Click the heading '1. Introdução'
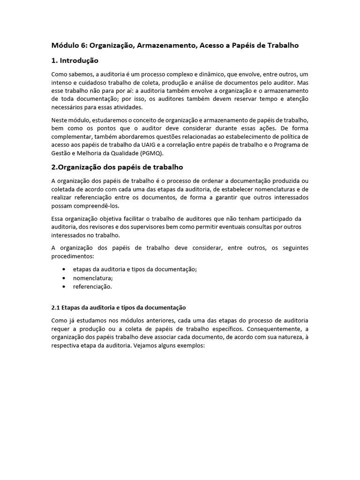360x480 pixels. pyautogui.click(x=75, y=60)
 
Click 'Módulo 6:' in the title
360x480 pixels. pyautogui.click(x=69, y=45)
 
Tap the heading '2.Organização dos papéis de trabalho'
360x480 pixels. pyautogui.click(x=117, y=167)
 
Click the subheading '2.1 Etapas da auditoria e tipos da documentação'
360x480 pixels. pyautogui.click(x=118, y=307)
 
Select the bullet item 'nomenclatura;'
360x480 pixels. pyautogui.click(x=93, y=277)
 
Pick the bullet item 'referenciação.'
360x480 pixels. pyautogui.click(x=92, y=286)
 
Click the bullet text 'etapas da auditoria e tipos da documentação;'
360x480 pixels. pyautogui.click(x=135, y=269)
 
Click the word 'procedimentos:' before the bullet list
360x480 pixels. pyautogui.click(x=72, y=256)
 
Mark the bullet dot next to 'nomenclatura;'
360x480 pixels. pyautogui.click(x=63, y=277)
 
